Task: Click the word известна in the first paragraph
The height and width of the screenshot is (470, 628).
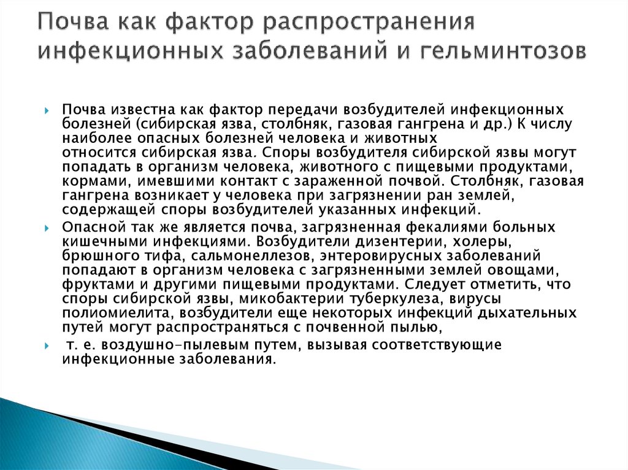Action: pos(135,110)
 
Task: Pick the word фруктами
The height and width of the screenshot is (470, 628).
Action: pos(91,284)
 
